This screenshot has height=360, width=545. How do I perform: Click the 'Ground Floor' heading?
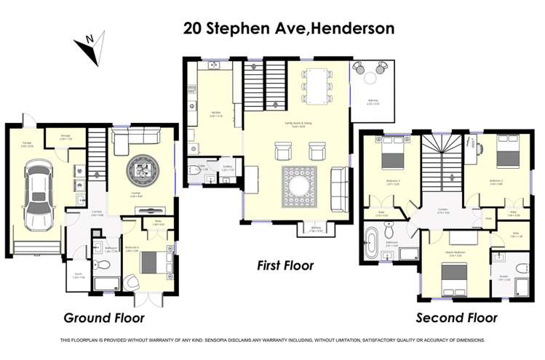coord(104,318)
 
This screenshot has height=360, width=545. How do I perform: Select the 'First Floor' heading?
coord(285,266)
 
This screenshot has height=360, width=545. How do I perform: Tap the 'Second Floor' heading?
coord(456,318)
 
